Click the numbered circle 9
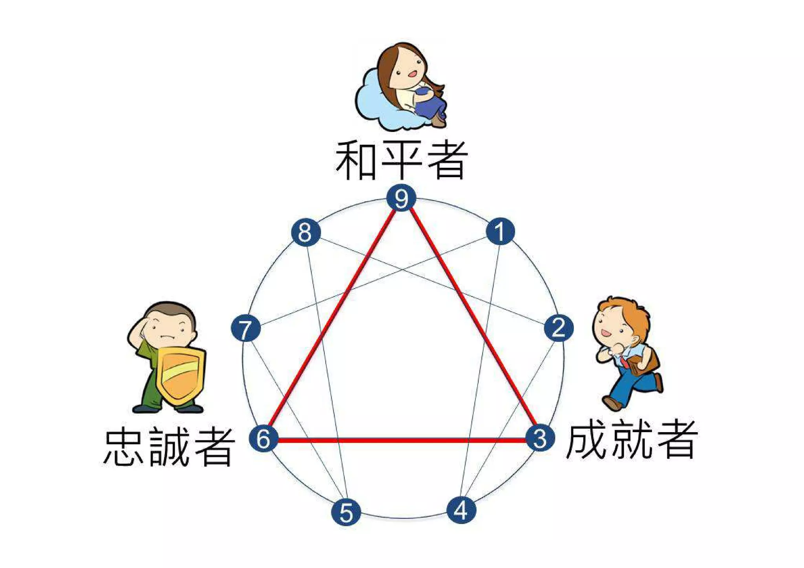(401, 198)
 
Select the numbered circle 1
(500, 231)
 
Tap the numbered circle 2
(559, 328)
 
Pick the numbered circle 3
(540, 438)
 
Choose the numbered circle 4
(461, 510)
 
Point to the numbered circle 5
(346, 512)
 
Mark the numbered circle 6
(263, 438)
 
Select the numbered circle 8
(306, 232)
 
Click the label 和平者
(401, 160)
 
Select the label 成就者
(631, 440)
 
